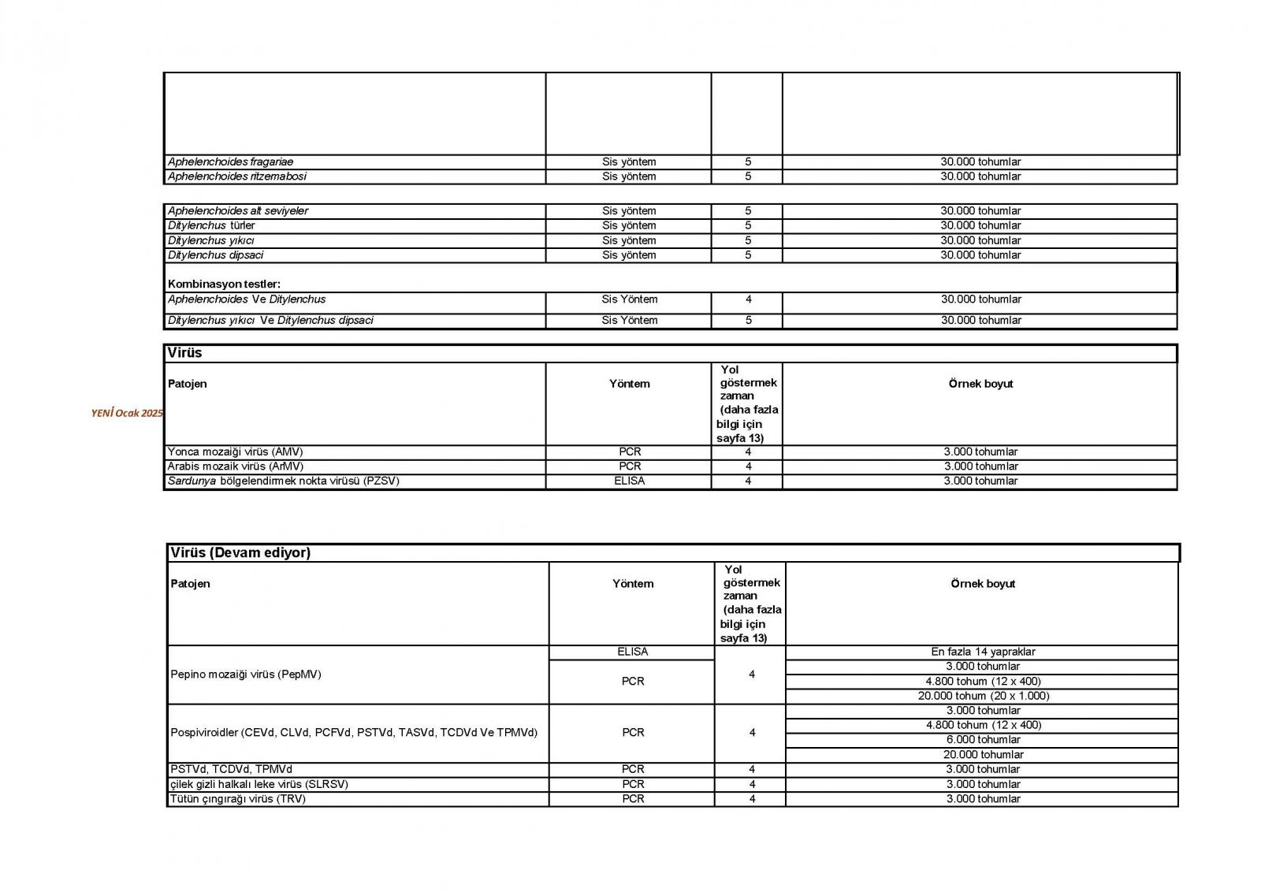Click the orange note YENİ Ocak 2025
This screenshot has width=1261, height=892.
[x=127, y=413]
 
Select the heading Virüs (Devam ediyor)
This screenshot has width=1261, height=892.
[x=240, y=552]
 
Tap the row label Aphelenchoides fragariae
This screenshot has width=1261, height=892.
[x=230, y=162]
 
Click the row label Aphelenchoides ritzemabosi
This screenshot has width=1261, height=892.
[x=236, y=177]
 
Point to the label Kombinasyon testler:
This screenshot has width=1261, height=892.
[x=224, y=284]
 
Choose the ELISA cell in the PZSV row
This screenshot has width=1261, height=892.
[x=629, y=481]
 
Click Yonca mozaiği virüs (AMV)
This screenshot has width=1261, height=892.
[x=235, y=452]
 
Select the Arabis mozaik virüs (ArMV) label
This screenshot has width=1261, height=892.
[x=235, y=466]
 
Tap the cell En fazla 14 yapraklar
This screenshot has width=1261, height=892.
[x=982, y=652]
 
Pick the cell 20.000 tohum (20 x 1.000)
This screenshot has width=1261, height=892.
[x=983, y=696]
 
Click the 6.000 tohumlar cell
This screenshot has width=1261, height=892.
[x=983, y=739]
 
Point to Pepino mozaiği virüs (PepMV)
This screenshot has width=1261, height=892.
[x=246, y=675]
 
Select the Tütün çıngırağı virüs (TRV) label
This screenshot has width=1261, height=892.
[x=238, y=798]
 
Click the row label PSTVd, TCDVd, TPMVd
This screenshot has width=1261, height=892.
[x=231, y=769]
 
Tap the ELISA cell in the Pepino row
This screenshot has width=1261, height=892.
[x=632, y=652]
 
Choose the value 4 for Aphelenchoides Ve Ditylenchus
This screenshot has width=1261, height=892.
[x=748, y=299]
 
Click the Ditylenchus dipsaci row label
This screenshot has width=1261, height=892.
[x=215, y=255]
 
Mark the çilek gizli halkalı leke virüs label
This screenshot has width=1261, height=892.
[x=259, y=784]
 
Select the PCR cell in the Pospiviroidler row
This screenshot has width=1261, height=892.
[x=632, y=732]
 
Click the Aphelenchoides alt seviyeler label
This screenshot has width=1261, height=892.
[x=237, y=211]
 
